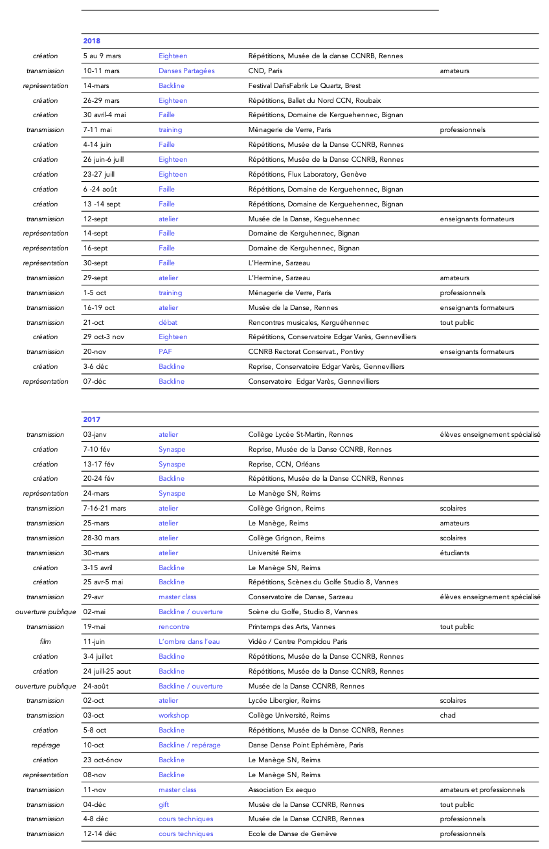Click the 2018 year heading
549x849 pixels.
(x=91, y=41)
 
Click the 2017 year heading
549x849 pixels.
(x=91, y=419)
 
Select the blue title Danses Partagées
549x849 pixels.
(x=186, y=71)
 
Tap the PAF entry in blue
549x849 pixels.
(x=165, y=351)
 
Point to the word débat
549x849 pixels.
(x=168, y=322)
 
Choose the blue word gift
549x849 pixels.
(x=164, y=804)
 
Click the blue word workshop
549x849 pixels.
(x=174, y=715)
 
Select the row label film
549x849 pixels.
(x=45, y=641)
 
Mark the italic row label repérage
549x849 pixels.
(x=45, y=745)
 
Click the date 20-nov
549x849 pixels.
(x=95, y=351)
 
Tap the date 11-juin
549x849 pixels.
(x=95, y=641)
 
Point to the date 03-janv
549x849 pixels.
(x=96, y=434)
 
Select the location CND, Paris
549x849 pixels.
(x=265, y=71)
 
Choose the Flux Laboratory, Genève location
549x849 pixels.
(x=308, y=174)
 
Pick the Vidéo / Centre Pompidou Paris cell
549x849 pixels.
(x=298, y=641)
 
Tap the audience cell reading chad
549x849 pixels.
(x=447, y=715)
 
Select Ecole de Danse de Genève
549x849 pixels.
(x=293, y=833)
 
